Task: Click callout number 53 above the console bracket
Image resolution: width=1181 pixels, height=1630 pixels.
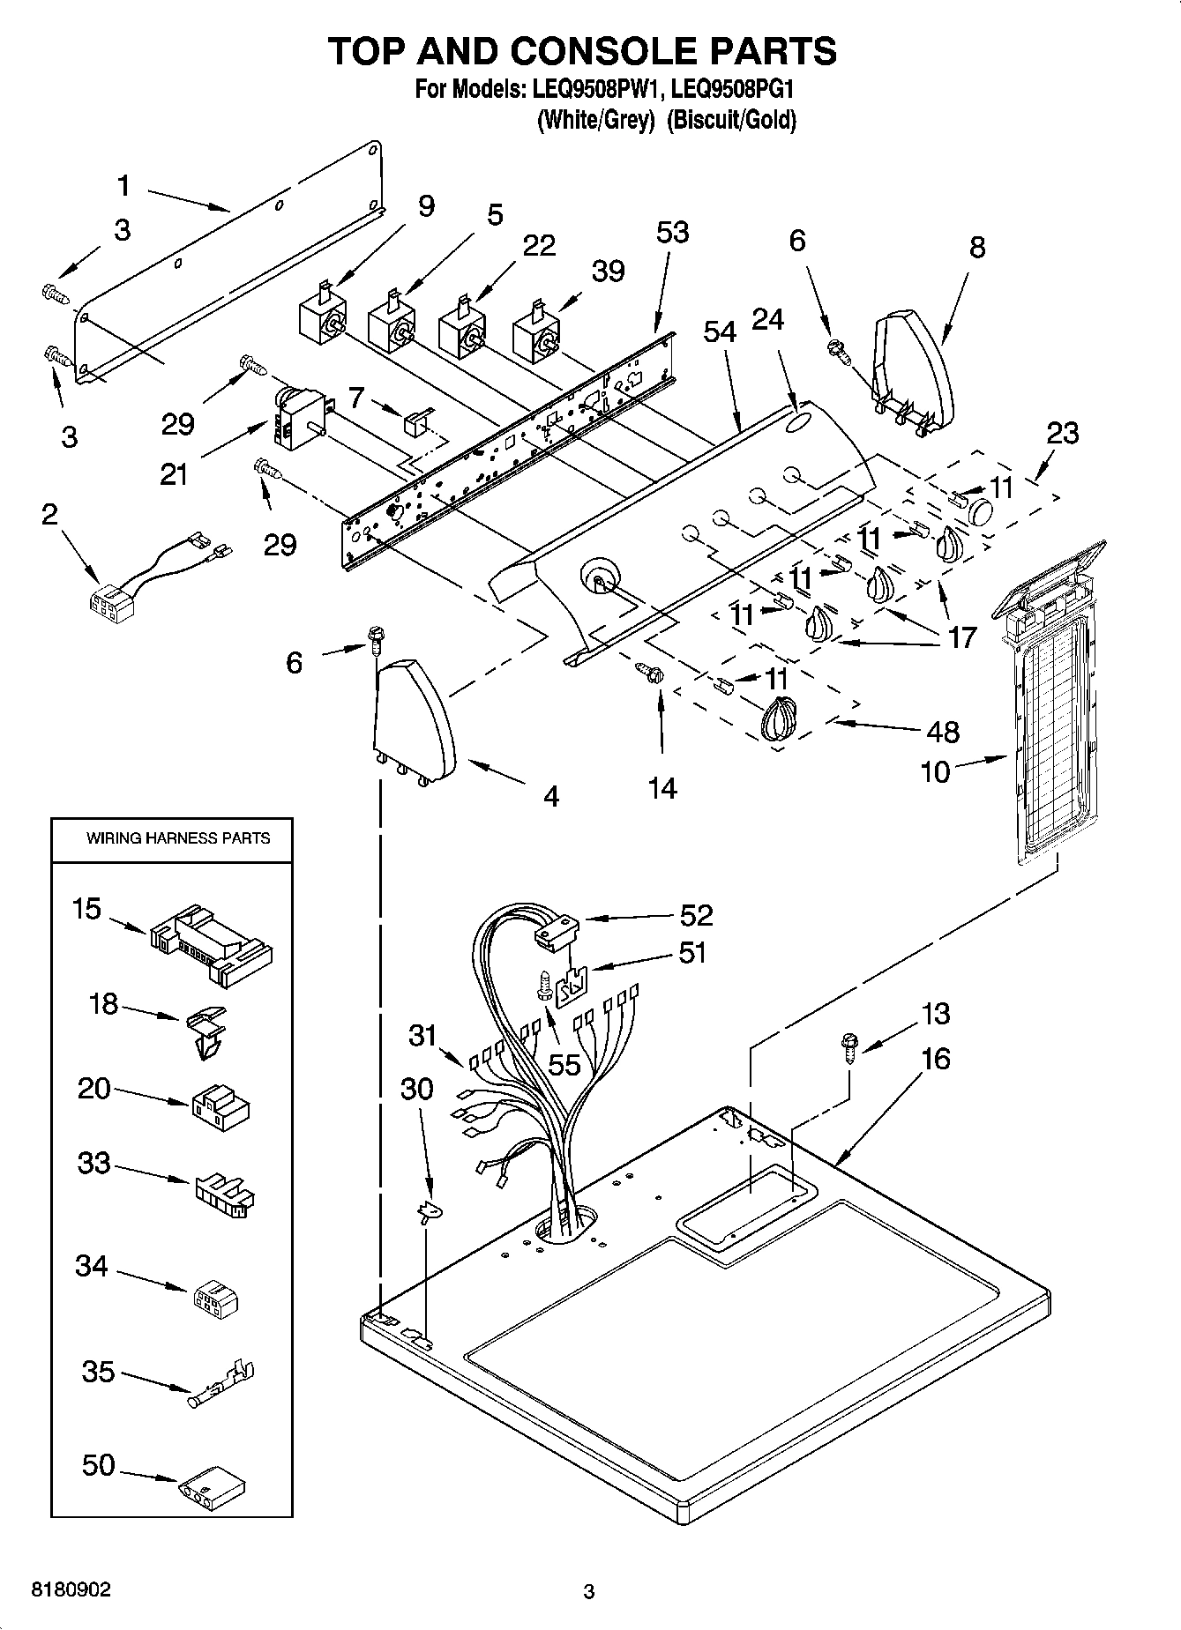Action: point(672,233)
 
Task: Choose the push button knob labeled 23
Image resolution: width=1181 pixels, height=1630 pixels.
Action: point(979,510)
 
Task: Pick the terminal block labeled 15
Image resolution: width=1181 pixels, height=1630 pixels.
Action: point(213,943)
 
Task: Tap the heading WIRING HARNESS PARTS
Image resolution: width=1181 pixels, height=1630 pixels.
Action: point(177,838)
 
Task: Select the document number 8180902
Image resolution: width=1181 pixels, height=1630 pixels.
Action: point(71,1589)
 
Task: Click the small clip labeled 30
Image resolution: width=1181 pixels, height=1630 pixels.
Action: point(430,1213)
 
